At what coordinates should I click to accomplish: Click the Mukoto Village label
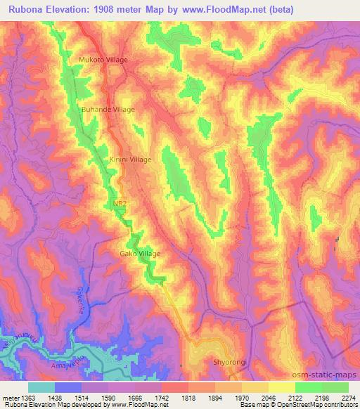coord(103,60)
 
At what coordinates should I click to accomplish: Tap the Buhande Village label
coord(108,110)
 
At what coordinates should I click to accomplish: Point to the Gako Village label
coord(140,254)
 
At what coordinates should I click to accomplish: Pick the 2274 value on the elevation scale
coord(348,398)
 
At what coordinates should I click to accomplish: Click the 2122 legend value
coord(294,398)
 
